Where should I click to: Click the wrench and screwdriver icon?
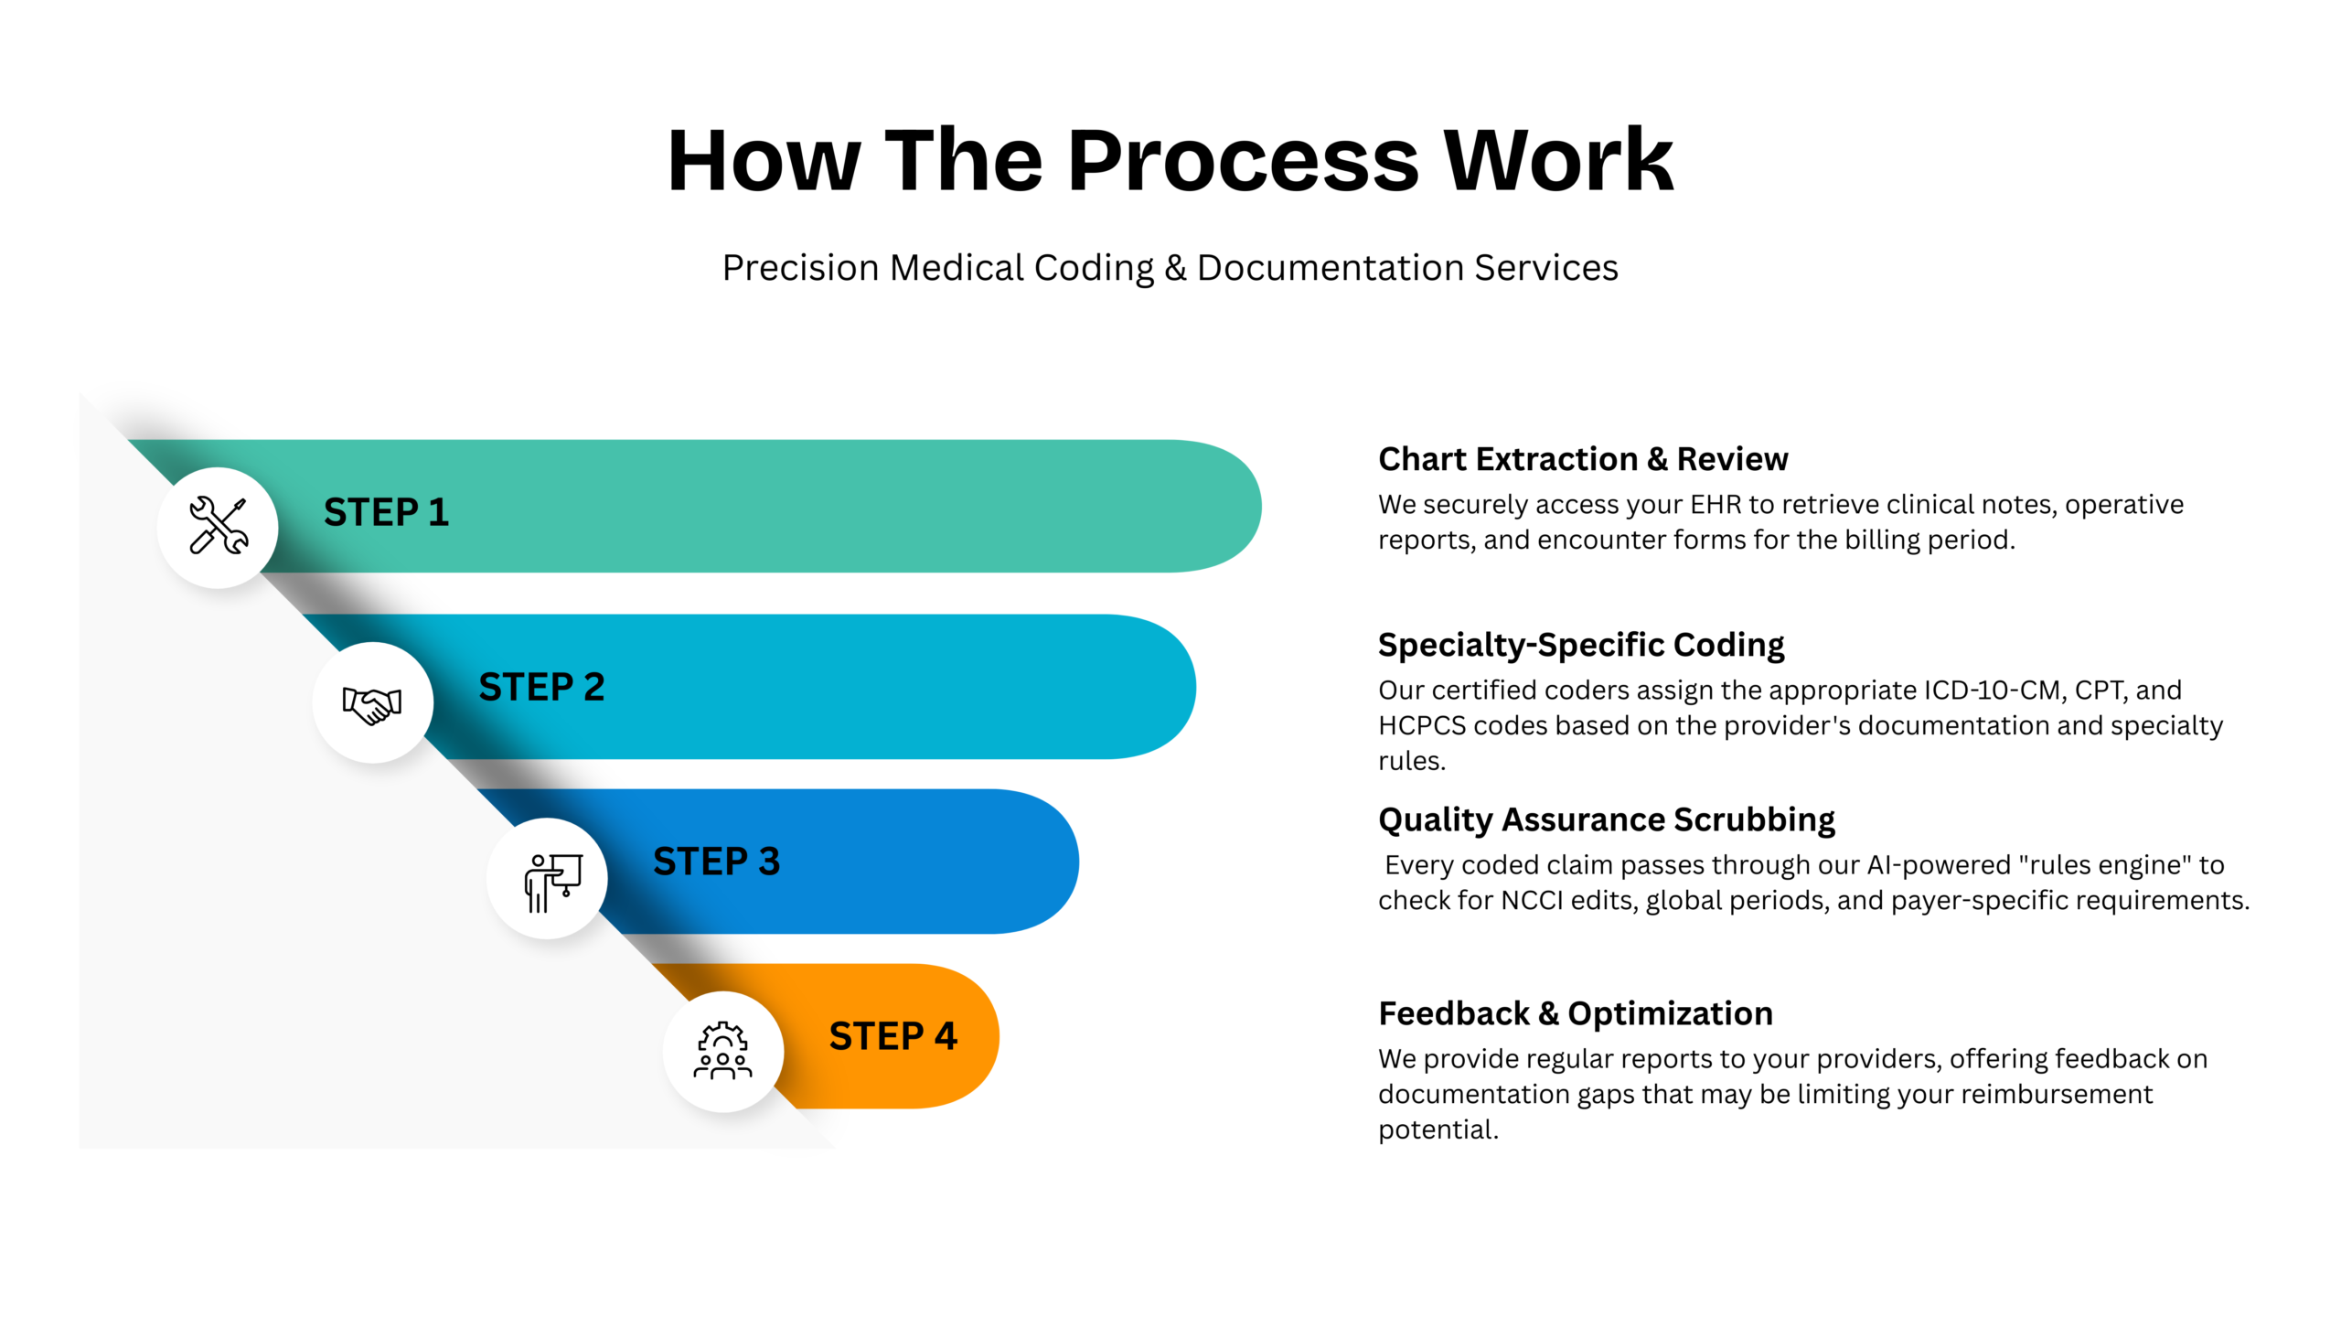pyautogui.click(x=218, y=526)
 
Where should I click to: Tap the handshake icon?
pyautogui.click(x=372, y=703)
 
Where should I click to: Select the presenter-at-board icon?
pyautogui.click(x=551, y=881)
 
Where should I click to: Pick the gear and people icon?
pyautogui.click(x=722, y=1051)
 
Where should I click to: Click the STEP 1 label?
pyautogui.click(x=386, y=512)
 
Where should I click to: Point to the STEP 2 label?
pyautogui.click(x=541, y=687)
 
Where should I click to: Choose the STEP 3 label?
pyautogui.click(x=716, y=862)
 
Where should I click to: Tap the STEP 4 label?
pyautogui.click(x=893, y=1036)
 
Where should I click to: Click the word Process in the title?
pyautogui.click(x=1243, y=161)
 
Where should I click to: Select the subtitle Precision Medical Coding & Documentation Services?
pyautogui.click(x=1170, y=268)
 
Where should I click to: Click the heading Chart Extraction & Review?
pyautogui.click(x=1582, y=459)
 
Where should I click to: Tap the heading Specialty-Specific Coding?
pyautogui.click(x=1580, y=645)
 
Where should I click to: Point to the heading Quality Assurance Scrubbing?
pyautogui.click(x=1606, y=819)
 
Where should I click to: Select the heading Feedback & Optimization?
pyautogui.click(x=1575, y=1013)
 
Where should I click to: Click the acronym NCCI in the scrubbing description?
pyautogui.click(x=1532, y=901)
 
